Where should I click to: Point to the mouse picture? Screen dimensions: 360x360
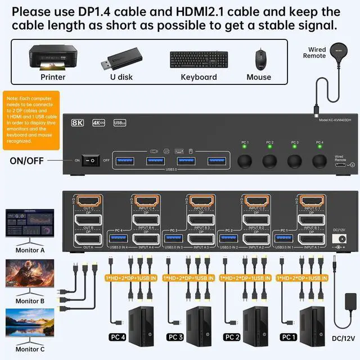(259, 58)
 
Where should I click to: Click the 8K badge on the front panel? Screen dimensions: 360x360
(78, 122)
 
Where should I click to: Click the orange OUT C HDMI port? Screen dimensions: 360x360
(88, 201)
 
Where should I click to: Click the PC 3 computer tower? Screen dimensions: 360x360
(197, 321)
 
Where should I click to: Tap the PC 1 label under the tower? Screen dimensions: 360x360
(289, 337)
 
